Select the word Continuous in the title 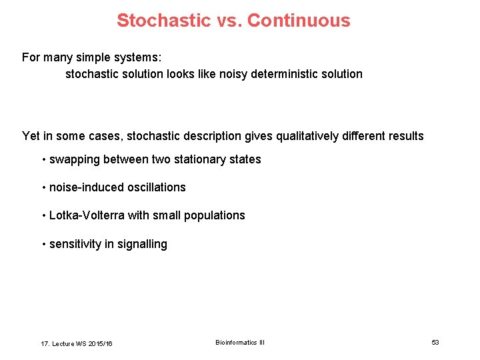[299, 21]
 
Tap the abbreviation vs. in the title [229, 21]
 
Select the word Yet [31, 136]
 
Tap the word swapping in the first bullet [74, 160]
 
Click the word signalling [143, 244]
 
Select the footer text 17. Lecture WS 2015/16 [77, 343]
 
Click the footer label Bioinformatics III [240, 342]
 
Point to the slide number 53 [435, 342]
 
